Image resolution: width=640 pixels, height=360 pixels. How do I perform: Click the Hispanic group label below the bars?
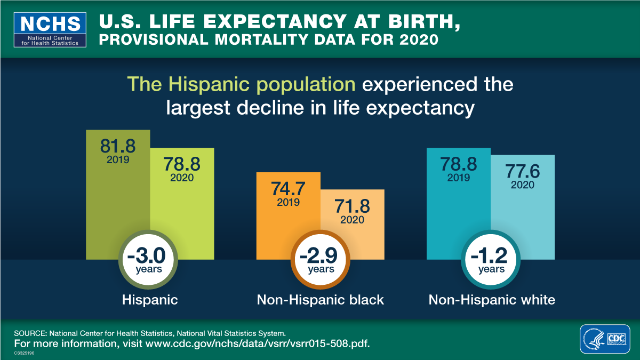point(150,300)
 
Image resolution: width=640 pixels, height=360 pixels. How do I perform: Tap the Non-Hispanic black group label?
point(320,300)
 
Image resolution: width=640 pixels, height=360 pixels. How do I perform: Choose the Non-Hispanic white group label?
point(492,300)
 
